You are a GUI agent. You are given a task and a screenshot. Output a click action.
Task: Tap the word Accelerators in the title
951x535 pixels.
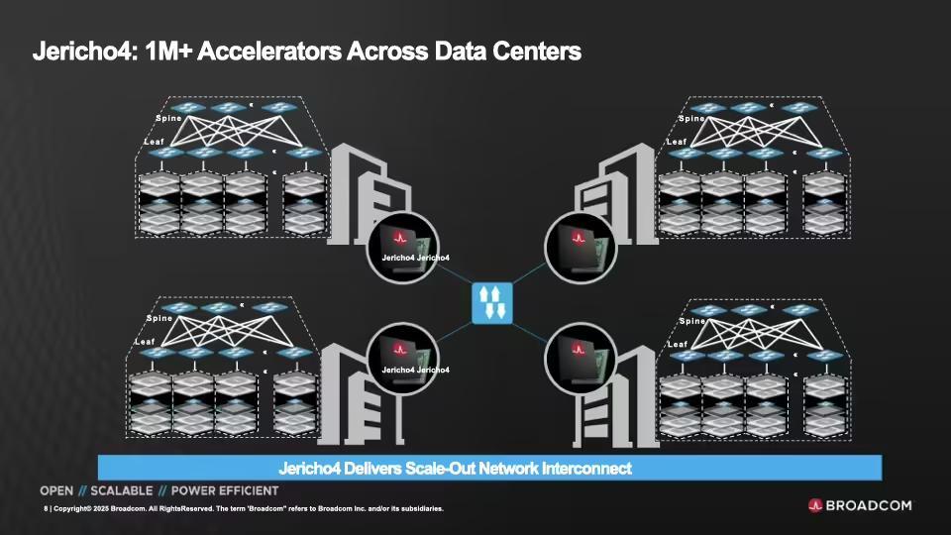269,52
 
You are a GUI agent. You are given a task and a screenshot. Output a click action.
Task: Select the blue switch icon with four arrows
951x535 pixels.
492,303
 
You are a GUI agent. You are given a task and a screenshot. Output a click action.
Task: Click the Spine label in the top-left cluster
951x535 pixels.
168,118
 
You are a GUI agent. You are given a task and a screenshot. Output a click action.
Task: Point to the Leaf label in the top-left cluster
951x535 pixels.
155,142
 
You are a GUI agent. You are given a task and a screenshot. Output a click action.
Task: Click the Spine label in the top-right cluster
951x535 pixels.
692,118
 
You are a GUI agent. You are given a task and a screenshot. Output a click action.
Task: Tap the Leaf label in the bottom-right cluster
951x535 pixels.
678,344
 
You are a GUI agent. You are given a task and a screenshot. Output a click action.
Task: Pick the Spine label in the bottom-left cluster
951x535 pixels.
159,318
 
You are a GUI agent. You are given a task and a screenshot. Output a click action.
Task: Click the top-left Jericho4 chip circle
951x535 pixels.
403,248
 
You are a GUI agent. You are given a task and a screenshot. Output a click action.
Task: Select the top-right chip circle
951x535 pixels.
581,248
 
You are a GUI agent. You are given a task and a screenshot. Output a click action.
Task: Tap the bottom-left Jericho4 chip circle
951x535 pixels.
403,359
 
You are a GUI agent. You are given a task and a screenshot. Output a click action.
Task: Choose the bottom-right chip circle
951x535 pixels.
581,359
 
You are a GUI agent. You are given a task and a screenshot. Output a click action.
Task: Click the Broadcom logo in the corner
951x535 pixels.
860,505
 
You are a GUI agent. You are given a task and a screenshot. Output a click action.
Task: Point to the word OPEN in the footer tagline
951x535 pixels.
56,490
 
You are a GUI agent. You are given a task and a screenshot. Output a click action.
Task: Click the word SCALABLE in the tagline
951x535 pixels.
121,490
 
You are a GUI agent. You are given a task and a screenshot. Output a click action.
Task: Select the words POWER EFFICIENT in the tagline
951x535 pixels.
225,490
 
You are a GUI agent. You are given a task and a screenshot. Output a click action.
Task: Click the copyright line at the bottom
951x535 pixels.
244,508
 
